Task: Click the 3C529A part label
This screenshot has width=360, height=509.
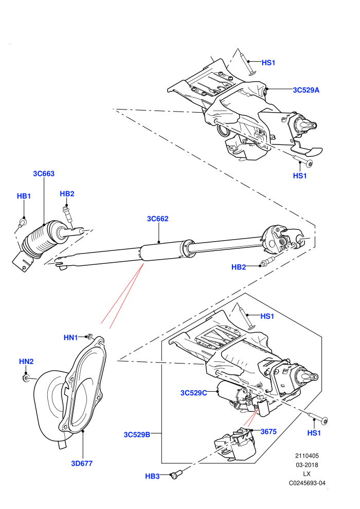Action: pyautogui.click(x=306, y=90)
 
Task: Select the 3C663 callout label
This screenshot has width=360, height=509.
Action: pyautogui.click(x=44, y=174)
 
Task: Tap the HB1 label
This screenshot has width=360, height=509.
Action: pyautogui.click(x=24, y=196)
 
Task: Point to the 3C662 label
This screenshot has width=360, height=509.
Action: pyautogui.click(x=158, y=219)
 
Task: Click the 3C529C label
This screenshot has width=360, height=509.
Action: pyautogui.click(x=193, y=393)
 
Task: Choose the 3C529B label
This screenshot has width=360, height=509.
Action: pyautogui.click(x=137, y=434)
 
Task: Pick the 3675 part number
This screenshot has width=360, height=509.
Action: pyautogui.click(x=268, y=431)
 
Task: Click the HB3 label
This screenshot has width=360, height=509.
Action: pyautogui.click(x=152, y=476)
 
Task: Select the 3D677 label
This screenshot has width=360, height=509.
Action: pyautogui.click(x=82, y=463)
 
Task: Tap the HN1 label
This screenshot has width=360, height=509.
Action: pyautogui.click(x=70, y=338)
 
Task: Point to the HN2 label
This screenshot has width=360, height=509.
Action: pyautogui.click(x=26, y=361)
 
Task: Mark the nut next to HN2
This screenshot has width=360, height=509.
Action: pyautogui.click(x=25, y=377)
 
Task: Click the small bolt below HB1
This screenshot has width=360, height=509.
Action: pyautogui.click(x=22, y=223)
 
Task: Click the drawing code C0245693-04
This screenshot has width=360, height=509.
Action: pyautogui.click(x=307, y=483)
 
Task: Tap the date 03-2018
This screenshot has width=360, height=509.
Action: pyautogui.click(x=307, y=465)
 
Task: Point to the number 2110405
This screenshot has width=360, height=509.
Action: pyautogui.click(x=307, y=456)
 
